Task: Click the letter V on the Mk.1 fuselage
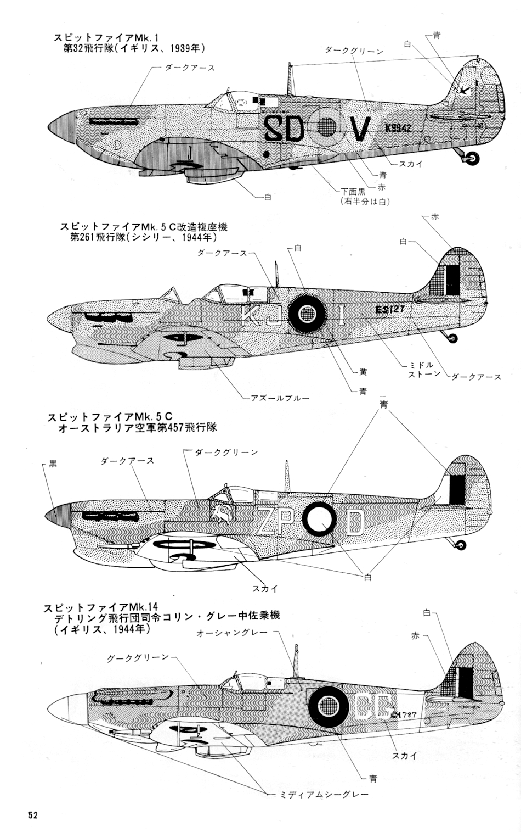[360, 130]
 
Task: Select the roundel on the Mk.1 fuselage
[328, 129]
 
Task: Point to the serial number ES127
[390, 310]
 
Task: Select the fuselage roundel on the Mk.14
[329, 705]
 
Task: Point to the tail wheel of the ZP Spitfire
[461, 544]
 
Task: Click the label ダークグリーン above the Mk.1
[354, 50]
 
